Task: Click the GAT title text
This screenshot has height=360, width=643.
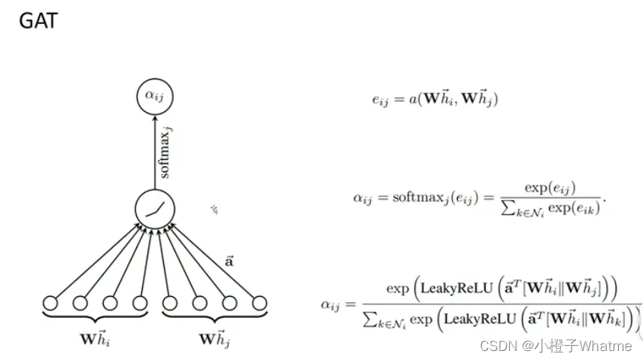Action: pyautogui.click(x=38, y=21)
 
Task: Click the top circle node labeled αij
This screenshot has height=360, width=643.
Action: pyautogui.click(x=154, y=95)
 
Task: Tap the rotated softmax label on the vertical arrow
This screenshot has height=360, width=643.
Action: pyautogui.click(x=166, y=153)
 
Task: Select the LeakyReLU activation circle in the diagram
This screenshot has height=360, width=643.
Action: pyautogui.click(x=154, y=209)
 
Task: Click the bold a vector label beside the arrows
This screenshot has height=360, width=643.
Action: pyautogui.click(x=229, y=262)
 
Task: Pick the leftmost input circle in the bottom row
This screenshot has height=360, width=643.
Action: pyautogui.click(x=50, y=304)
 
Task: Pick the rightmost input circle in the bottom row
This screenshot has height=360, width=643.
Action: pyautogui.click(x=259, y=304)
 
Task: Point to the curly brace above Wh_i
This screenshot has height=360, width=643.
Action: pyautogui.click(x=95, y=319)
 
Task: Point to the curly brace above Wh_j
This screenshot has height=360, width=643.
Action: pyautogui.click(x=214, y=319)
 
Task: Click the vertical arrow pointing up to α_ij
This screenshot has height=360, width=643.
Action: pyautogui.click(x=154, y=150)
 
